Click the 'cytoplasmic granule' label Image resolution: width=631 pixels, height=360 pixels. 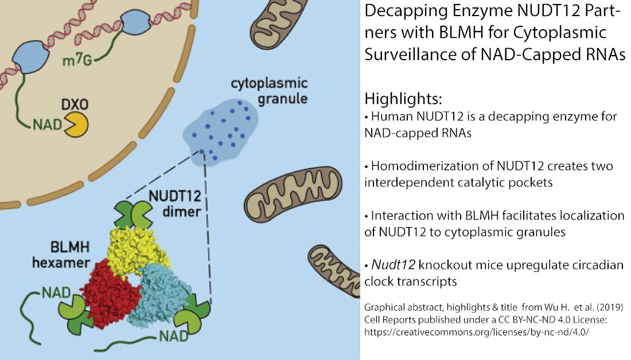click(269, 91)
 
